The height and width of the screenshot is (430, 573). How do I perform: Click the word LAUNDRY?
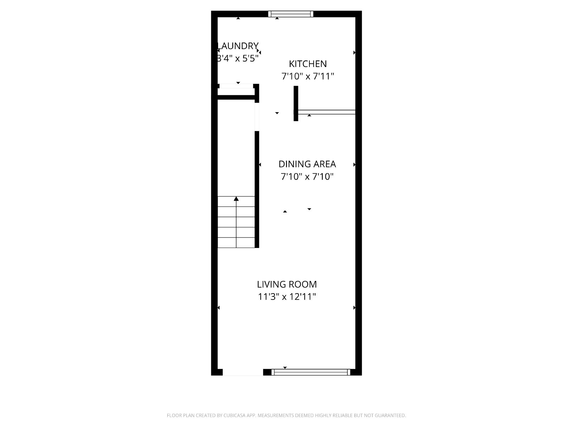click(238, 46)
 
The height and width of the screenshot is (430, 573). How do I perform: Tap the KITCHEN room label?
click(308, 64)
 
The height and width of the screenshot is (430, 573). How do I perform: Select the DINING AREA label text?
click(307, 164)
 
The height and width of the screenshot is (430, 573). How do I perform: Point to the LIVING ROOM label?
click(286, 284)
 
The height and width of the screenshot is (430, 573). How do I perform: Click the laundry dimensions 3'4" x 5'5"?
click(238, 58)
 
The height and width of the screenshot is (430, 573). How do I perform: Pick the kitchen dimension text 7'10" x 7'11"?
click(308, 76)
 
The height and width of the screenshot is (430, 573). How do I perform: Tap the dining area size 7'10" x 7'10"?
click(307, 177)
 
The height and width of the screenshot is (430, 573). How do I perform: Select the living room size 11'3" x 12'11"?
click(286, 297)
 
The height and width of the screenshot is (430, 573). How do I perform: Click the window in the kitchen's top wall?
click(290, 14)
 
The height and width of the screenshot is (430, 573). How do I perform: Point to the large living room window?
click(310, 372)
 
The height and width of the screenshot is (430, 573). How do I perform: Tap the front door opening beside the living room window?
click(243, 372)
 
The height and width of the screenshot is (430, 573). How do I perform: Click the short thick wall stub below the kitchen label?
click(296, 104)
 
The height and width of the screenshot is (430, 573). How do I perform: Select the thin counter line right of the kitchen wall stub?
click(327, 112)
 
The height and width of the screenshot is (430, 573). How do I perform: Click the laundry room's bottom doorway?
click(236, 86)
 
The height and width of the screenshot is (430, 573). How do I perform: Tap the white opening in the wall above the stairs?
click(257, 117)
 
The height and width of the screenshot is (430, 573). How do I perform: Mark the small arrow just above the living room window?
click(285, 368)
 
